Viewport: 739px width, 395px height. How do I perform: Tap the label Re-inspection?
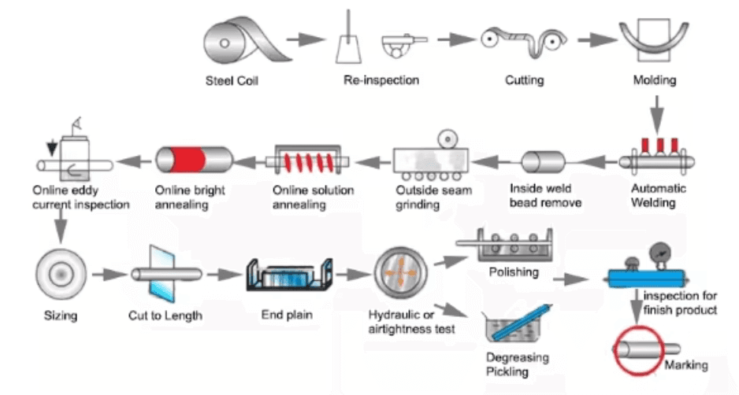(381, 80)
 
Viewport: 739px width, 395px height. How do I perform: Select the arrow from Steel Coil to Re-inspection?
(306, 39)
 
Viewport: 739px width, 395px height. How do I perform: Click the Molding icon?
(654, 40)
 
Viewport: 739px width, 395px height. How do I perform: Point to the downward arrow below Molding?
(657, 113)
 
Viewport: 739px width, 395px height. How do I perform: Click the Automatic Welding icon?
(656, 154)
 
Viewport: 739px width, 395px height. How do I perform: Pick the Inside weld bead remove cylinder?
(544, 162)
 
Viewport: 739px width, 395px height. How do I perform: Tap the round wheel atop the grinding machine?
(447, 139)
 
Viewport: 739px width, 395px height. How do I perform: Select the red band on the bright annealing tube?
(187, 160)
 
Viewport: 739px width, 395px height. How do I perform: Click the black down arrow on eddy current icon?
(52, 149)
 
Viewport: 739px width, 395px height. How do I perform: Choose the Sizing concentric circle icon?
(61, 274)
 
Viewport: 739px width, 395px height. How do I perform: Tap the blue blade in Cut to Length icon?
(162, 274)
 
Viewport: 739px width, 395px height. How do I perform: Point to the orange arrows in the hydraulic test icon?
(400, 272)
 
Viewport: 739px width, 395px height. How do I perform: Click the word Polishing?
(514, 272)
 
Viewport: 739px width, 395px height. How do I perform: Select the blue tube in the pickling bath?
(522, 322)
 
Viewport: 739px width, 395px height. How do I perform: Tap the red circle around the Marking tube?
(639, 351)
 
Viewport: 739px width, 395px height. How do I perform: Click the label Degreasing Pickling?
(517, 364)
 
